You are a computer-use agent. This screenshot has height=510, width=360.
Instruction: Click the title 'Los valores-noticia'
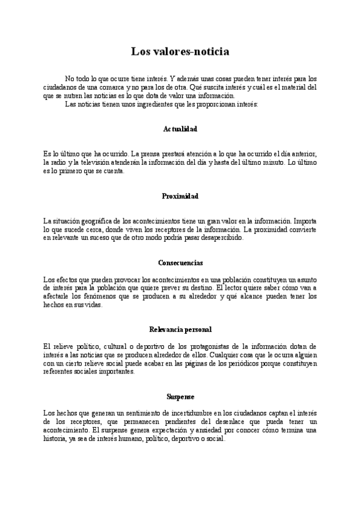[x=180, y=52]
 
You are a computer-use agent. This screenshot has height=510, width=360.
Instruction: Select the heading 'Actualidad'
[x=180, y=129]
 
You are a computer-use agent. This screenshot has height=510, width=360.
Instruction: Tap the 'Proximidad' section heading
[x=180, y=196]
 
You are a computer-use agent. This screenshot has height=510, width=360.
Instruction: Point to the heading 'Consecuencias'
[x=180, y=263]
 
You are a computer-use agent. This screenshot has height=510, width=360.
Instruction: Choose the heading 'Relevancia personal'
[x=180, y=330]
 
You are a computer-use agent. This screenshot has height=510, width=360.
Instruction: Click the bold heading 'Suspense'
[x=180, y=396]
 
